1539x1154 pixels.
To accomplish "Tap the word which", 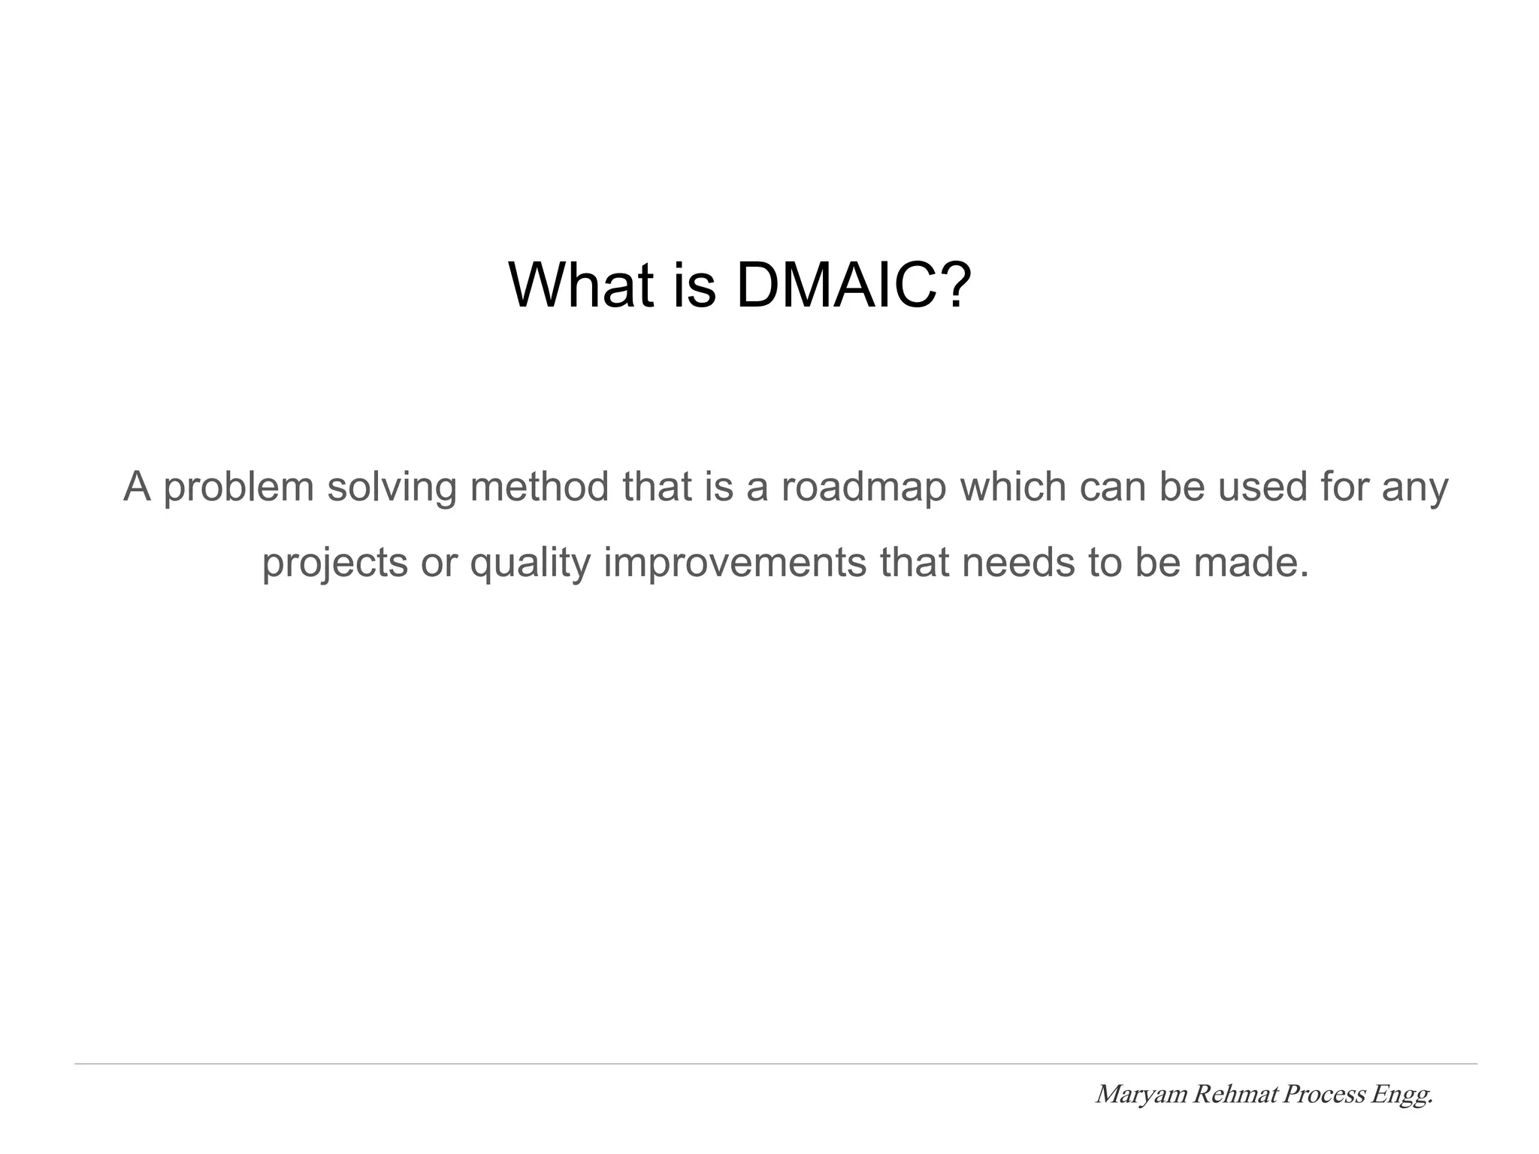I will [1013, 487].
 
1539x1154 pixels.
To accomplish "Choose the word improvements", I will [734, 563].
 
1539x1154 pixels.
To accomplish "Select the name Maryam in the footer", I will [1141, 1095].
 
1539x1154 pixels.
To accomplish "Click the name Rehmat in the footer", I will [1235, 1095].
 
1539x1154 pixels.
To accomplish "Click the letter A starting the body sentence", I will [138, 487].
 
